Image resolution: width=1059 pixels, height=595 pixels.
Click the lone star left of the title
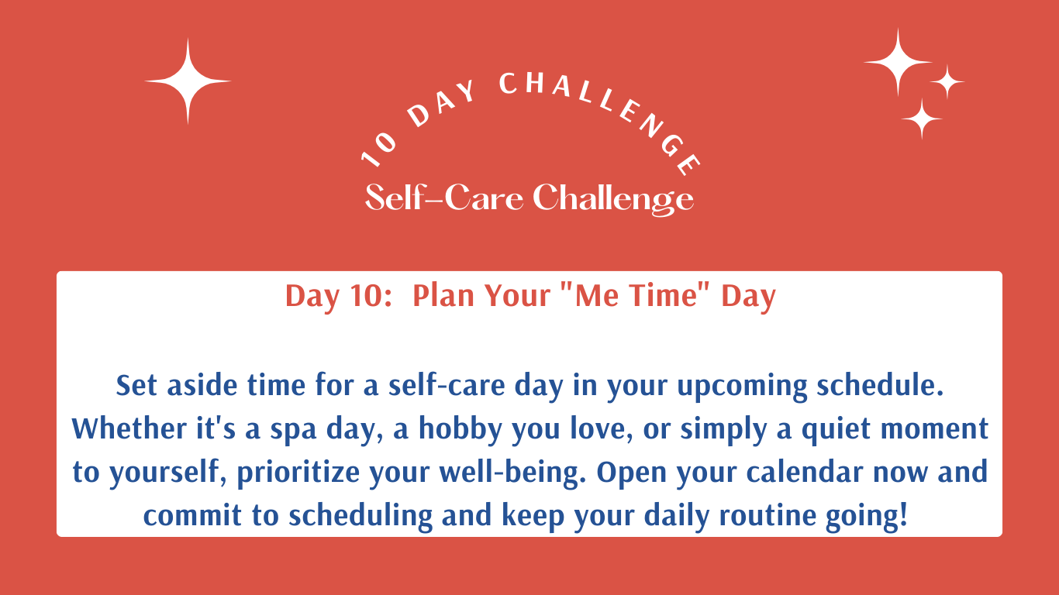point(188,81)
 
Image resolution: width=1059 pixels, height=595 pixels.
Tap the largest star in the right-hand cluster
point(898,62)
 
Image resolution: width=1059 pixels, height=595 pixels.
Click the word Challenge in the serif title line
point(613,199)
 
